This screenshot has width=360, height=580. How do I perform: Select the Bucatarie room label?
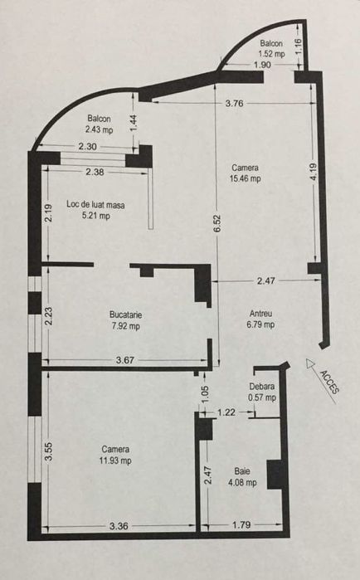125,314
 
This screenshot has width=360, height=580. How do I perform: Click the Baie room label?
241,470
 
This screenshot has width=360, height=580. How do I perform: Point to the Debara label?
262,387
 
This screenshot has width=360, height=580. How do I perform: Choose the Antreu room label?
261,313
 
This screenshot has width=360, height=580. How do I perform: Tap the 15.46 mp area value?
246,178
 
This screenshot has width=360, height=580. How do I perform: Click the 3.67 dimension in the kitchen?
124,360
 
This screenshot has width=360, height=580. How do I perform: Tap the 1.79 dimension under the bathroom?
241,524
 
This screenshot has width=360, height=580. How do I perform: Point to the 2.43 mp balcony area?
99,129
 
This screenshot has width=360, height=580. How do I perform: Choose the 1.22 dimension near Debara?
226,412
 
